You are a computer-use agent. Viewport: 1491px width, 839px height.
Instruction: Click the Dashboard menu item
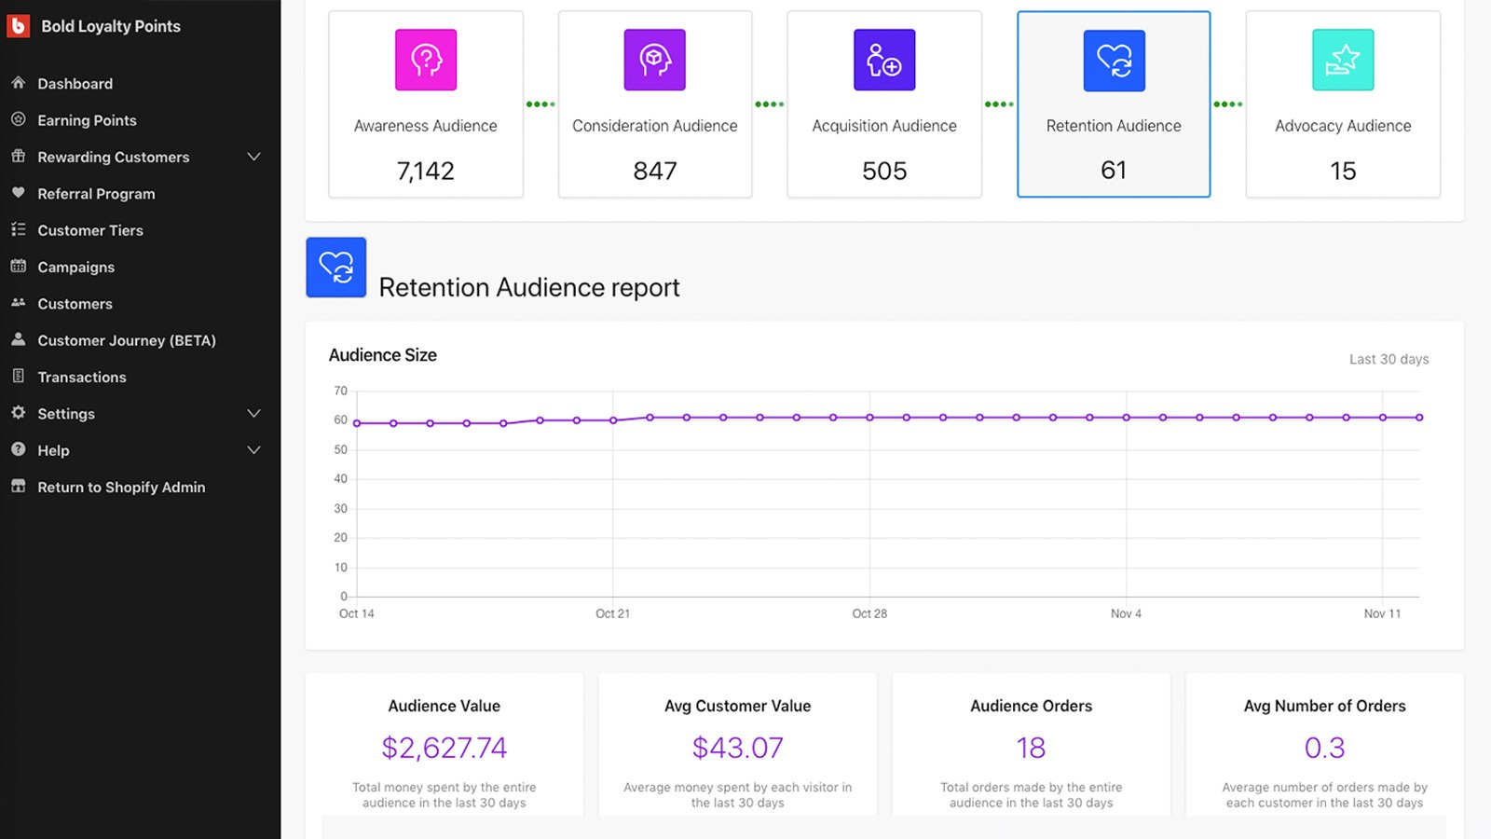click(75, 84)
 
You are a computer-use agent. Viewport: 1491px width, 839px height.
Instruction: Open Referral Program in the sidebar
click(96, 194)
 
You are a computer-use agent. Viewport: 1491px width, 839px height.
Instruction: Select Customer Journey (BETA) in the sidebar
click(126, 340)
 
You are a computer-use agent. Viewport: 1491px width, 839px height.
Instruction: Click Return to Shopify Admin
click(121, 488)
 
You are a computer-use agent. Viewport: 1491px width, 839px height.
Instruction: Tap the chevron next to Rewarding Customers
click(253, 157)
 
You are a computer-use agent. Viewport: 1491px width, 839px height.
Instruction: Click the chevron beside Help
click(253, 450)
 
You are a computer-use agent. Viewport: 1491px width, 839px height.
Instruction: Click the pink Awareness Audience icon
click(426, 60)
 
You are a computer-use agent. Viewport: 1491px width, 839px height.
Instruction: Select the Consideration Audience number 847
click(655, 171)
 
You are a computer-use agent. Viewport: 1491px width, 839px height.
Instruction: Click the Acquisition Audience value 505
click(884, 171)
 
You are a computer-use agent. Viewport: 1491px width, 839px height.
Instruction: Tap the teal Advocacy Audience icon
click(1343, 60)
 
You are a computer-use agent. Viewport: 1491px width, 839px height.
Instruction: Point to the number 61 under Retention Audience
click(1114, 171)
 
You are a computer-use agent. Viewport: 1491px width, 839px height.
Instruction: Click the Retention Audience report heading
click(529, 287)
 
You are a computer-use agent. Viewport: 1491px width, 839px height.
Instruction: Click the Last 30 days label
click(1388, 359)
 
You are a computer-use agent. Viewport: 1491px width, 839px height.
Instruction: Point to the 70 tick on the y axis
click(341, 391)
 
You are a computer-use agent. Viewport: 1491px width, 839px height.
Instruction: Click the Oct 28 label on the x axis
click(869, 613)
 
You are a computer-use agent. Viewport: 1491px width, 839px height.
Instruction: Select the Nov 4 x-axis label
click(1126, 613)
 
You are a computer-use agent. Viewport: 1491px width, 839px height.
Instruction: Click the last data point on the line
click(1419, 418)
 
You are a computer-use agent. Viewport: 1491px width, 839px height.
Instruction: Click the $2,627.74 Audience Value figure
click(445, 748)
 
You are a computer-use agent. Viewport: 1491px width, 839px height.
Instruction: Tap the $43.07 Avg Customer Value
click(738, 748)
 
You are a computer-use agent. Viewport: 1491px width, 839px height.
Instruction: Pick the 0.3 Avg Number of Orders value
click(1324, 748)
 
